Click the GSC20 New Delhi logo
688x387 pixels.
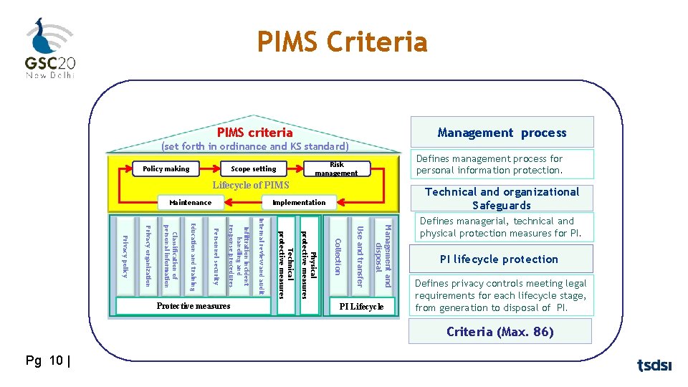[x=49, y=48]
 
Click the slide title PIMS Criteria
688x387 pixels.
[x=343, y=42]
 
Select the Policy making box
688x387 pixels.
[x=166, y=169]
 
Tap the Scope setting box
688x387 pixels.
[x=254, y=169]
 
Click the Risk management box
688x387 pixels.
[x=336, y=169]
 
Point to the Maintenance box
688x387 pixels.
[x=191, y=202]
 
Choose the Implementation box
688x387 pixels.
[x=299, y=202]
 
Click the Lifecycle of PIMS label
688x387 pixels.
[x=250, y=185]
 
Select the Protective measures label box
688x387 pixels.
[x=193, y=306]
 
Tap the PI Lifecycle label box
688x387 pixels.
[x=362, y=307]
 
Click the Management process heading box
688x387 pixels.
[x=502, y=133]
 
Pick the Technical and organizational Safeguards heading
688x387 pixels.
[x=502, y=199]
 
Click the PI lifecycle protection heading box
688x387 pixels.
[x=499, y=259]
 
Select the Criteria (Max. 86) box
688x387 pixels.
[x=500, y=332]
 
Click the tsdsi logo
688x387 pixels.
[x=654, y=365]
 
